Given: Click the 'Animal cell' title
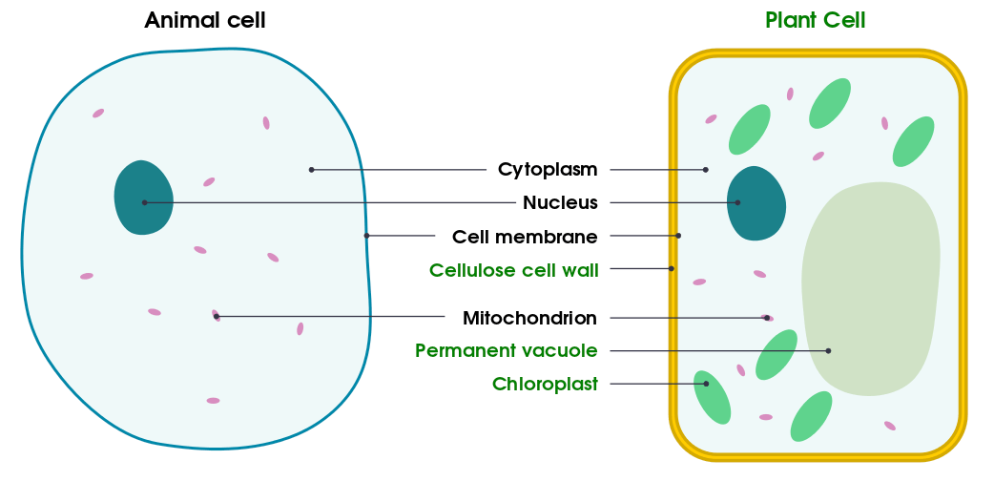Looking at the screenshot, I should point(204,20).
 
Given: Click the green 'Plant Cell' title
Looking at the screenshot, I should point(815,20).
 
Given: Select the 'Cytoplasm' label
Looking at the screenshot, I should point(548,170).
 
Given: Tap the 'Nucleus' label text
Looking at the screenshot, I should point(560,202).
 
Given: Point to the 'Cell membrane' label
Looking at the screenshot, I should point(525,236).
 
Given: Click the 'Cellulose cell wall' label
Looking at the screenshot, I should point(513,269).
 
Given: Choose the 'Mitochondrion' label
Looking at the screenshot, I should point(529,317).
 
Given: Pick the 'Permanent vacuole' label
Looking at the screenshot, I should point(506,350).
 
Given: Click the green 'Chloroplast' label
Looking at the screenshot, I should point(545,384).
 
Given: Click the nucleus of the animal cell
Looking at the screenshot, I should point(143,198).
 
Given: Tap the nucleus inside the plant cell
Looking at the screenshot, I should point(756,204).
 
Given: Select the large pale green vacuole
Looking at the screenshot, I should point(870,286).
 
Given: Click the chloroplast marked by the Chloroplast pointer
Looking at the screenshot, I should point(712,397).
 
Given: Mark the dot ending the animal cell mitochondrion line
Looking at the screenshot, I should point(217,316).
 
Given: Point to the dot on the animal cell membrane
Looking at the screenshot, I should point(366,236).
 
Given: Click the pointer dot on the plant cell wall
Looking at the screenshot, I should point(672,268).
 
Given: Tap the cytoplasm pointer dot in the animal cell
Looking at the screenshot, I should point(311,170).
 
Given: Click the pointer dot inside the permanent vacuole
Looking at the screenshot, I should point(828,351).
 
